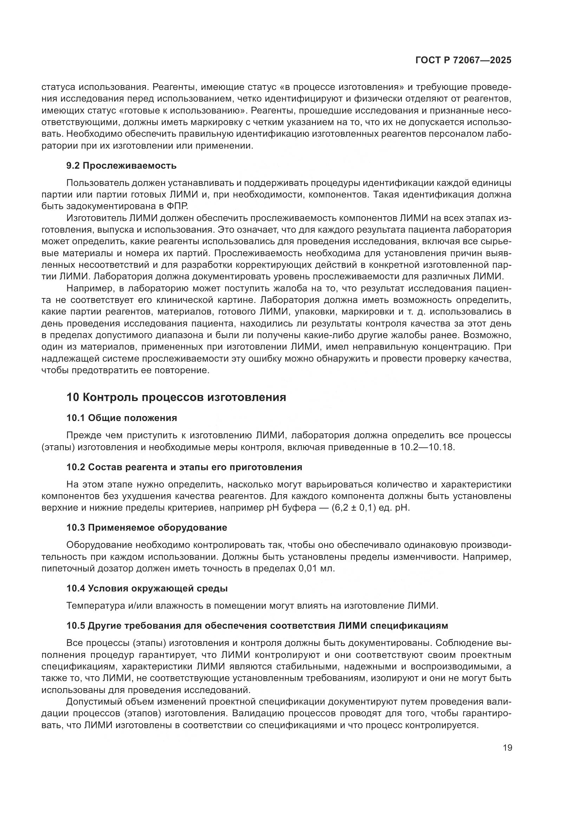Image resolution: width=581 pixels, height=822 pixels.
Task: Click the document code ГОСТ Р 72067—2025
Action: click(463, 60)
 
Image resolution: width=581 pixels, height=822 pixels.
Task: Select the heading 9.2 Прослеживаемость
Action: click(121, 166)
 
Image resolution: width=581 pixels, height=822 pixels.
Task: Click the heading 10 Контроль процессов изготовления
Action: click(176, 397)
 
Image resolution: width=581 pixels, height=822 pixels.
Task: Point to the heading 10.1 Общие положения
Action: click(122, 418)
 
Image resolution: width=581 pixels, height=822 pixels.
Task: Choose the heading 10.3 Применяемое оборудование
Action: click(147, 527)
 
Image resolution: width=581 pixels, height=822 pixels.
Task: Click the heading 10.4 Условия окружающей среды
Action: click(147, 588)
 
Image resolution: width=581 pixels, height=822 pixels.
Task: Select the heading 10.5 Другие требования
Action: click(257, 626)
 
